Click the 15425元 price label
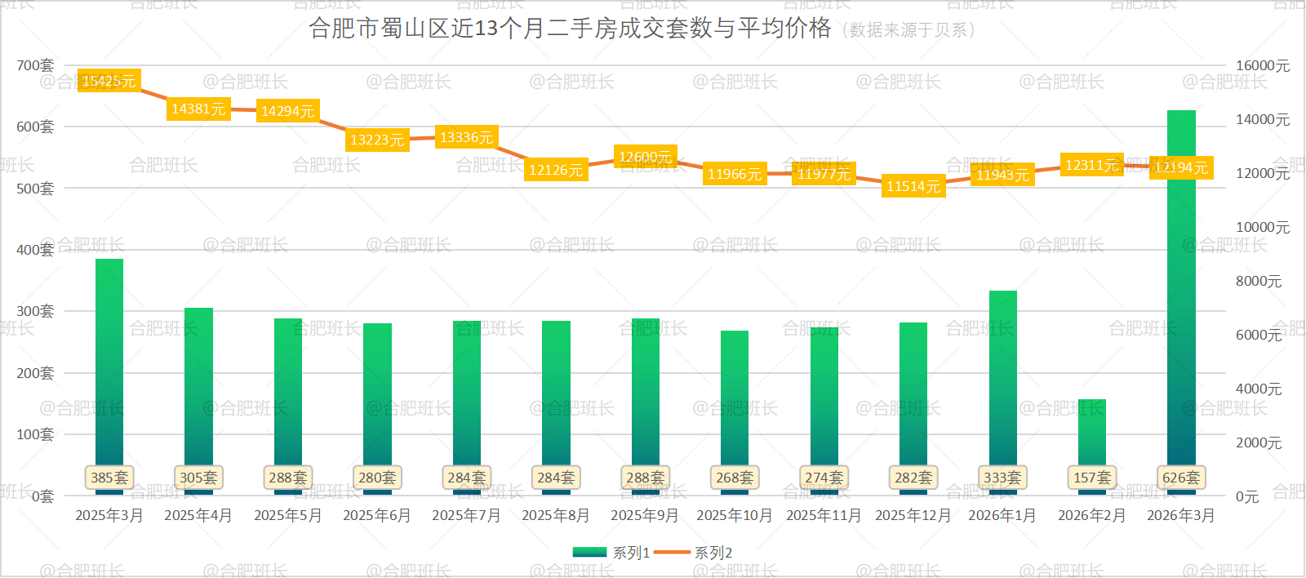pyautogui.click(x=109, y=81)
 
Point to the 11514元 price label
pyautogui.click(x=913, y=186)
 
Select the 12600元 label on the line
pyautogui.click(x=645, y=157)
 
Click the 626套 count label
pyautogui.click(x=1181, y=478)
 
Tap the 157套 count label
pyautogui.click(x=1091, y=478)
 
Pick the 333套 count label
pyautogui.click(x=1002, y=478)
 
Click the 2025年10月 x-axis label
pyautogui.click(x=734, y=515)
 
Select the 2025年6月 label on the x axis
pyautogui.click(x=376, y=515)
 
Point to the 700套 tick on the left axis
pyautogui.click(x=35, y=65)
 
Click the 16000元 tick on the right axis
pyautogui.click(x=1263, y=65)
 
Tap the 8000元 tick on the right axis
pyautogui.click(x=1259, y=281)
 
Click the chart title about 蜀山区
pyautogui.click(x=570, y=29)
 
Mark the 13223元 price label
pyautogui.click(x=377, y=140)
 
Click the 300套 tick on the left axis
pyautogui.click(x=35, y=311)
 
